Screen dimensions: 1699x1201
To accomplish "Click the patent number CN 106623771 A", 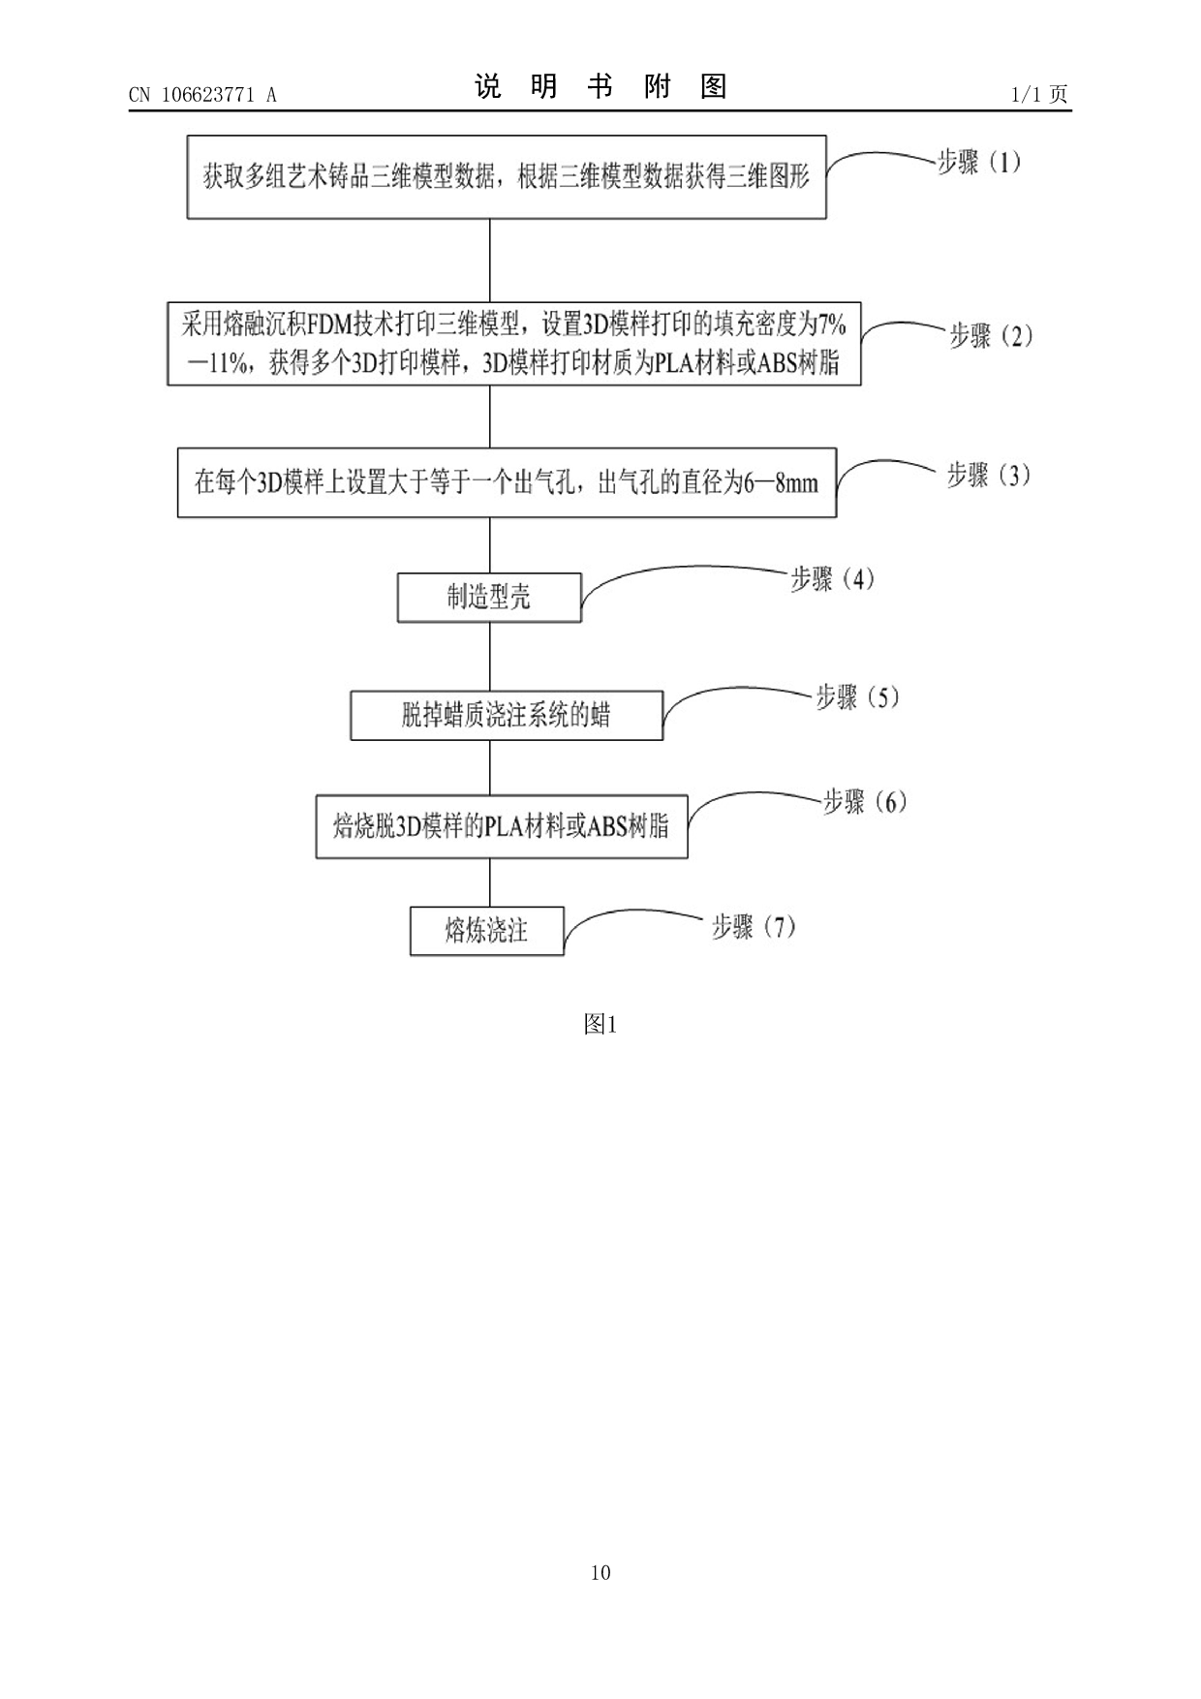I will pyautogui.click(x=202, y=95).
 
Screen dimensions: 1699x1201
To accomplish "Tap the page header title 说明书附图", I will pyautogui.click(x=600, y=87).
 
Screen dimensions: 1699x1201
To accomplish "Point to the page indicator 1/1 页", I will pyautogui.click(x=1039, y=94).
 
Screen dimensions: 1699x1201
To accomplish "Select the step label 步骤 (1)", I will pyautogui.click(x=979, y=162).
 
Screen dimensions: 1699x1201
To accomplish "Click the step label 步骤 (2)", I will pyautogui.click(x=990, y=336).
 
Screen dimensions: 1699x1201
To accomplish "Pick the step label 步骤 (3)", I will pyautogui.click(x=988, y=475).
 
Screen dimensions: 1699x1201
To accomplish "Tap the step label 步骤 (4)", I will pyautogui.click(x=832, y=579).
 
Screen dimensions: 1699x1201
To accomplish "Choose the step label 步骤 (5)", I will pyautogui.click(x=857, y=696).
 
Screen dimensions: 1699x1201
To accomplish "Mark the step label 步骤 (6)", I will pyautogui.click(x=864, y=801).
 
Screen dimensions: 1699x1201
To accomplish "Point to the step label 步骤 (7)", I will pyautogui.click(x=754, y=927).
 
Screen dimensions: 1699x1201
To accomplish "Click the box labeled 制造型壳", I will pyautogui.click(x=489, y=597).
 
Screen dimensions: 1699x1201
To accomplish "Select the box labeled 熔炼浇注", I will pyautogui.click(x=486, y=931).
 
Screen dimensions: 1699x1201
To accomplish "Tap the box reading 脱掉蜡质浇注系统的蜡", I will pyautogui.click(x=507, y=716).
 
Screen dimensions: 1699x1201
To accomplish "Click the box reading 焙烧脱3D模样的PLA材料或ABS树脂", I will pyautogui.click(x=502, y=826).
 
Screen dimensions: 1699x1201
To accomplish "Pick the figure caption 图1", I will pyautogui.click(x=600, y=1024).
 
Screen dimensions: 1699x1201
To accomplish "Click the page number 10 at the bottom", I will pyautogui.click(x=600, y=1572).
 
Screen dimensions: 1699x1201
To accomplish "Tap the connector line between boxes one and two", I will pyautogui.click(x=490, y=260).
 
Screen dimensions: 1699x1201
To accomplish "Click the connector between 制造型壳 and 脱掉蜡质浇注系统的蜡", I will pyautogui.click(x=490, y=656).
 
